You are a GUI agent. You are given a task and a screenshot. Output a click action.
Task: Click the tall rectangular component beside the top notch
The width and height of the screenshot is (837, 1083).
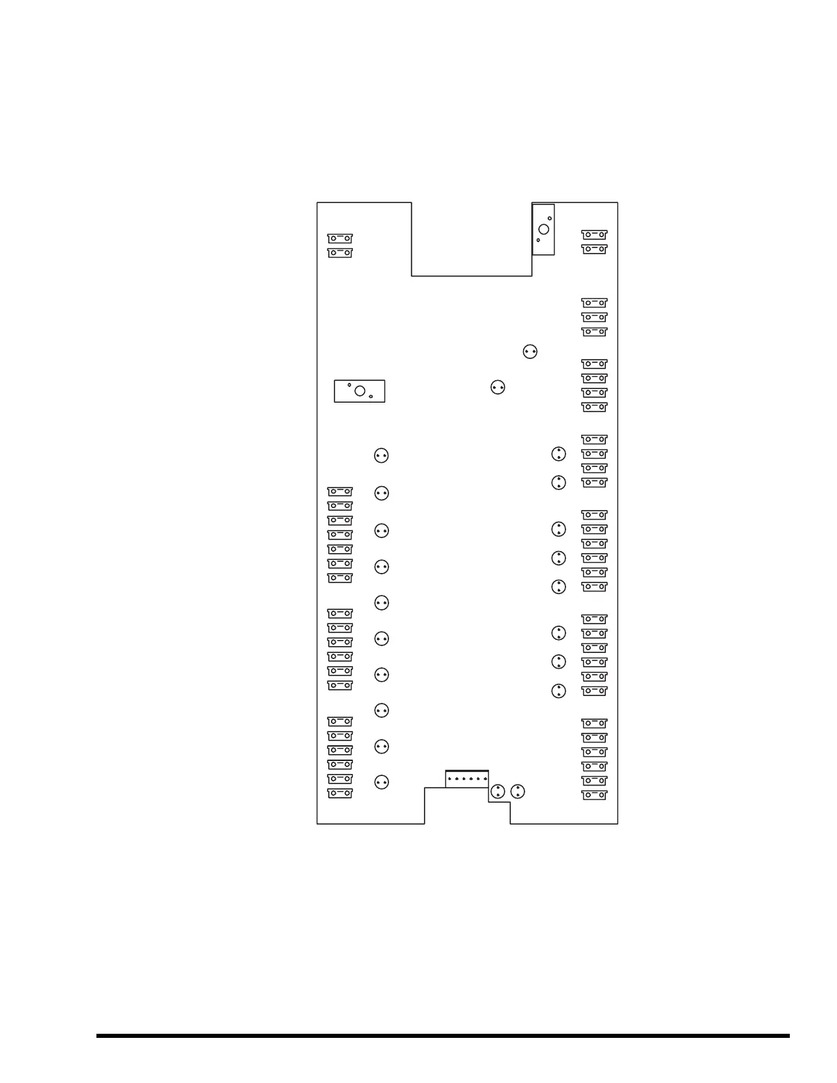coord(543,229)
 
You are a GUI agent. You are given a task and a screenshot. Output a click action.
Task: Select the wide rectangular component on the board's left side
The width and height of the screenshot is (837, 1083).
coord(359,391)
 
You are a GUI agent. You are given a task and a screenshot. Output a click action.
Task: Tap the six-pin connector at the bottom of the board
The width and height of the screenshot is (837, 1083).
coord(467,779)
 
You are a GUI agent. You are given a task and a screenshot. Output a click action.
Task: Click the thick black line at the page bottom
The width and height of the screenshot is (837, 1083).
coord(442,1036)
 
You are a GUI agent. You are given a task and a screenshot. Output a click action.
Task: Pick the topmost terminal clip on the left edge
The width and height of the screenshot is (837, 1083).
coord(340,239)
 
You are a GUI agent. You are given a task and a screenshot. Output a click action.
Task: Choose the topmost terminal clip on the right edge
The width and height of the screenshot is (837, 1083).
coord(594,235)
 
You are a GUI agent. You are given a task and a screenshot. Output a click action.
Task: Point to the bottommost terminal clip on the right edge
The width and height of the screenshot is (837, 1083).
coord(594,795)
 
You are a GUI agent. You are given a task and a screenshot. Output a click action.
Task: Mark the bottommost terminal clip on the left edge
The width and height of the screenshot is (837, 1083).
coord(340,794)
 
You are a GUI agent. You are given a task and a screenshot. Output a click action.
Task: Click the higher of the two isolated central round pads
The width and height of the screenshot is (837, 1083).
coord(530,351)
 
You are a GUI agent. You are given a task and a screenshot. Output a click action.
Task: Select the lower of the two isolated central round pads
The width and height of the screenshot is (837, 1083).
coord(498,388)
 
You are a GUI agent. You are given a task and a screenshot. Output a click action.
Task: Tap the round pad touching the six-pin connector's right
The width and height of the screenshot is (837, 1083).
coord(498,792)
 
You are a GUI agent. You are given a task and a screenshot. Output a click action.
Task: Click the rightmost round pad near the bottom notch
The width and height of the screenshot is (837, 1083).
coord(518,792)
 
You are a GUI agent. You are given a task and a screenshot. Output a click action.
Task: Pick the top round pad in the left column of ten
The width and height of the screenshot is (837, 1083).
coord(382,455)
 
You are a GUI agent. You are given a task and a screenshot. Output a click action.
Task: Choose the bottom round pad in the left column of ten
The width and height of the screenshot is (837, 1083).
coord(382,782)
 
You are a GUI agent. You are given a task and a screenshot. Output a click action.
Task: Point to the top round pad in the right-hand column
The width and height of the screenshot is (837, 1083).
coord(559,454)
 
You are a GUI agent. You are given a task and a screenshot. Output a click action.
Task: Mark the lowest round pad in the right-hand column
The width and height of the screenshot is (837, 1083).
coord(559,691)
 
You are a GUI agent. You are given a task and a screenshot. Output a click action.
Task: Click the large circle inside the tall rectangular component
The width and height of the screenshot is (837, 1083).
coord(544,229)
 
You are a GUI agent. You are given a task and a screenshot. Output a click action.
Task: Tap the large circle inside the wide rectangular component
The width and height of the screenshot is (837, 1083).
coord(360,390)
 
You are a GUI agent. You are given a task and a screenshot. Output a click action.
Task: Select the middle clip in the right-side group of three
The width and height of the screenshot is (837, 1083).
coord(594,317)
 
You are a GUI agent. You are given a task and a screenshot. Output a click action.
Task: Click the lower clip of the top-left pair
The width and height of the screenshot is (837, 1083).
coord(340,253)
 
